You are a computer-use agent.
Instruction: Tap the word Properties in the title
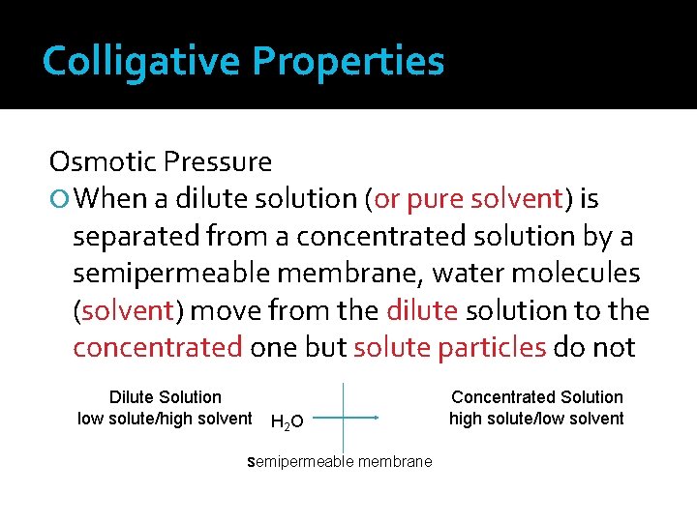[x=348, y=61]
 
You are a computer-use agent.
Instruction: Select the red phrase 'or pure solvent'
[x=468, y=198]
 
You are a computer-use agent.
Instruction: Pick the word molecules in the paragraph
[x=587, y=274]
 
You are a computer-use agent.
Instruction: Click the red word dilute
[x=422, y=310]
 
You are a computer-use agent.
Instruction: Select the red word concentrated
[x=157, y=348]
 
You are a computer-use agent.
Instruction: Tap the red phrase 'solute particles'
[x=450, y=348]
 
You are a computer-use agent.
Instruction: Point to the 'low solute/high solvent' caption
[x=165, y=419]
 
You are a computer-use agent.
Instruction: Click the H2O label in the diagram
[x=287, y=420]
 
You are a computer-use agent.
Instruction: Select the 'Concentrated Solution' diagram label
[x=537, y=397]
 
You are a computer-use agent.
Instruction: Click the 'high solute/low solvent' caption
[x=537, y=419]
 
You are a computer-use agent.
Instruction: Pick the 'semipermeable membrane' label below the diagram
[x=340, y=462]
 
